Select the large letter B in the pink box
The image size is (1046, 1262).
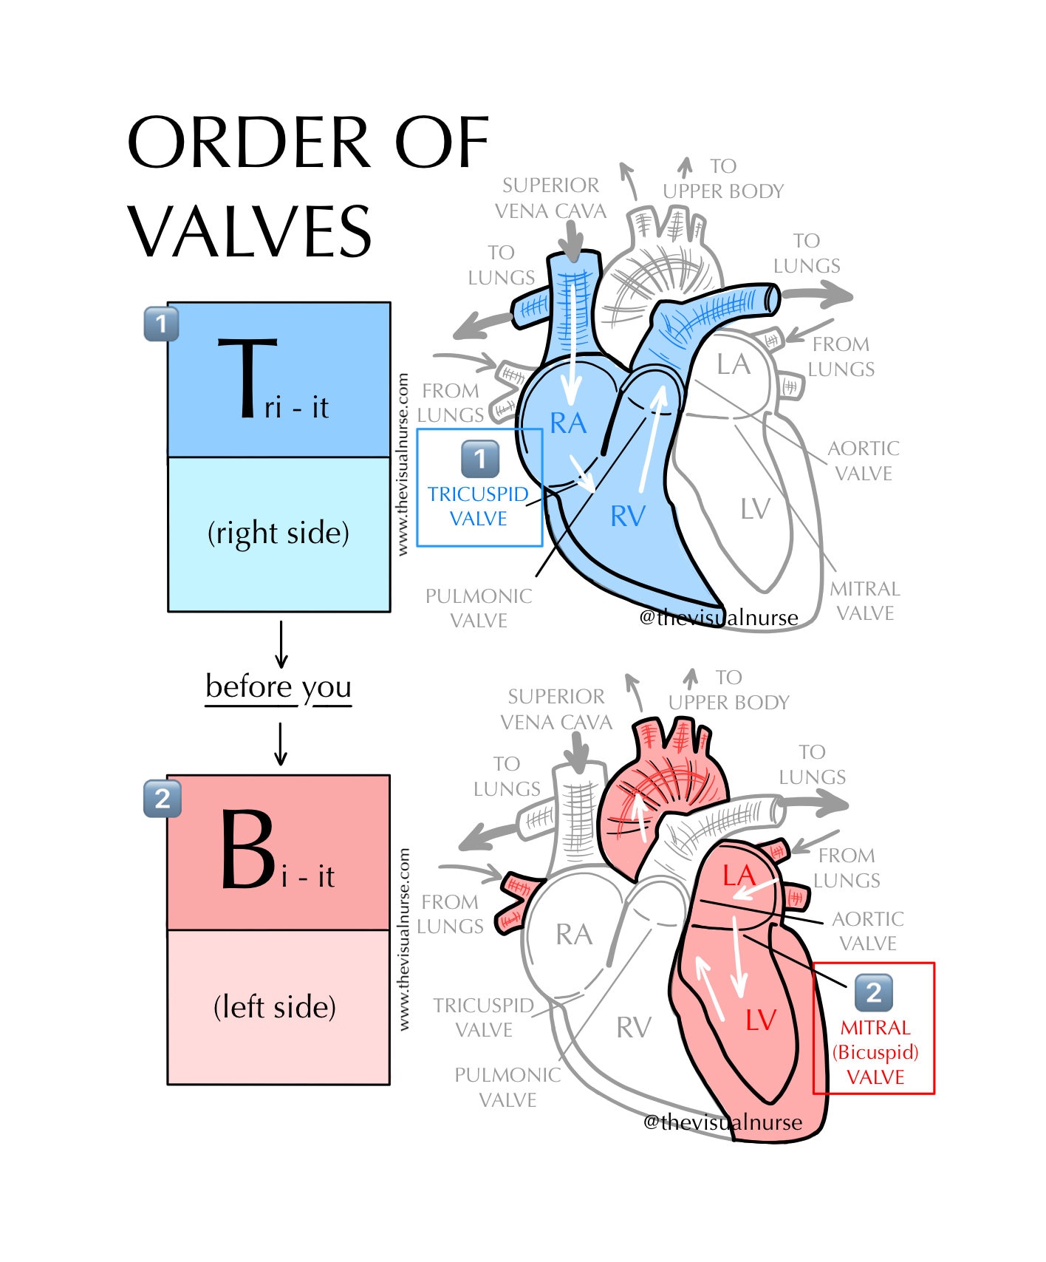[x=248, y=850]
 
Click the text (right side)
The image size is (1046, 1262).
[x=278, y=533]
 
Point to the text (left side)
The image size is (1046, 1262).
[x=275, y=1006]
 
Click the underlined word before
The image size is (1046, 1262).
[x=249, y=686]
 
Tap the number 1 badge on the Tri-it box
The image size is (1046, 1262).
[x=161, y=324]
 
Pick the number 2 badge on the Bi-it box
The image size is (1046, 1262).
[x=162, y=798]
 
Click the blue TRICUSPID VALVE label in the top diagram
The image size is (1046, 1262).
[x=479, y=506]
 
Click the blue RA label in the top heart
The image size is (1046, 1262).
[x=568, y=423]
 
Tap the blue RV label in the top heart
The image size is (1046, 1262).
[x=628, y=516]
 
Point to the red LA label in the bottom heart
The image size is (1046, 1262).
[x=738, y=876]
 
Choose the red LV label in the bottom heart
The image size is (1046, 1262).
[x=760, y=1020]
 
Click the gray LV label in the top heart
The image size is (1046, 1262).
[x=755, y=509]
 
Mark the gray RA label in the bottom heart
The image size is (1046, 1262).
[x=573, y=935]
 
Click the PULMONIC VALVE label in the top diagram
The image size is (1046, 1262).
[x=479, y=608]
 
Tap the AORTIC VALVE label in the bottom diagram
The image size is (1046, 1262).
[x=868, y=931]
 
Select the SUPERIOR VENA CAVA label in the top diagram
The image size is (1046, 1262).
[x=550, y=198]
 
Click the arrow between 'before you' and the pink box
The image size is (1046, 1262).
[x=281, y=743]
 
